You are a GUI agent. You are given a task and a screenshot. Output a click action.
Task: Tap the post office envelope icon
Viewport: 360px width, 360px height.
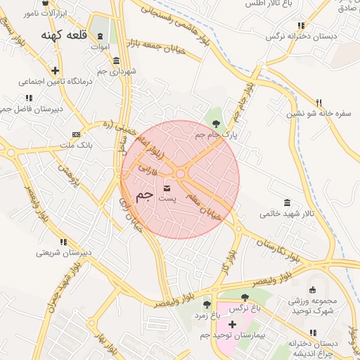[x=167, y=188]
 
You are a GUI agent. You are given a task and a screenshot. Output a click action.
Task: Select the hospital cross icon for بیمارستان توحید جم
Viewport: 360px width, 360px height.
[x=232, y=325]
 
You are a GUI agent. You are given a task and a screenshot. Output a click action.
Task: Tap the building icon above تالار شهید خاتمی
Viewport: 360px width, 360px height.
[x=286, y=202]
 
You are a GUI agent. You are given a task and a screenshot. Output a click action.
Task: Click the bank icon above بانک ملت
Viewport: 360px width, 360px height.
[x=76, y=134]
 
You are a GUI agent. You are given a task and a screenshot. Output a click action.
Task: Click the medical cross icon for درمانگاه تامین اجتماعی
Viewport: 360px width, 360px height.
[x=55, y=70]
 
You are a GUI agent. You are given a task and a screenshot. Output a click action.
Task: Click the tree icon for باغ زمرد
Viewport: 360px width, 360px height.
[x=207, y=304]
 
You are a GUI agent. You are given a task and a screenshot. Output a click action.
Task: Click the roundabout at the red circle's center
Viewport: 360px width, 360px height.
[x=181, y=174]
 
